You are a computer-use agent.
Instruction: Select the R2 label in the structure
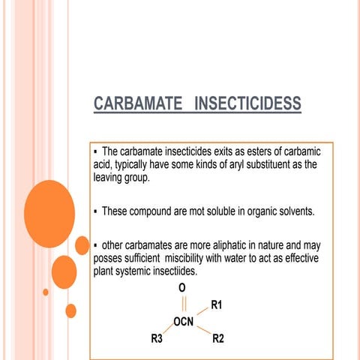point(217,338)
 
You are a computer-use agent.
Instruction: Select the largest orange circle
point(49,204)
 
